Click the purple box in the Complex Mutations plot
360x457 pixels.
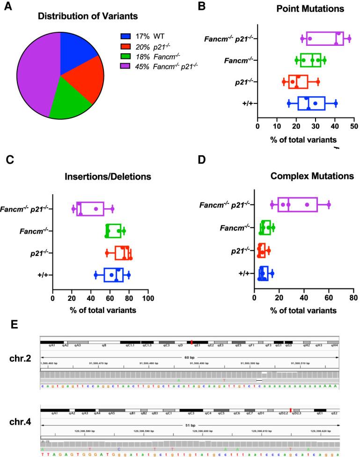tap(297, 204)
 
